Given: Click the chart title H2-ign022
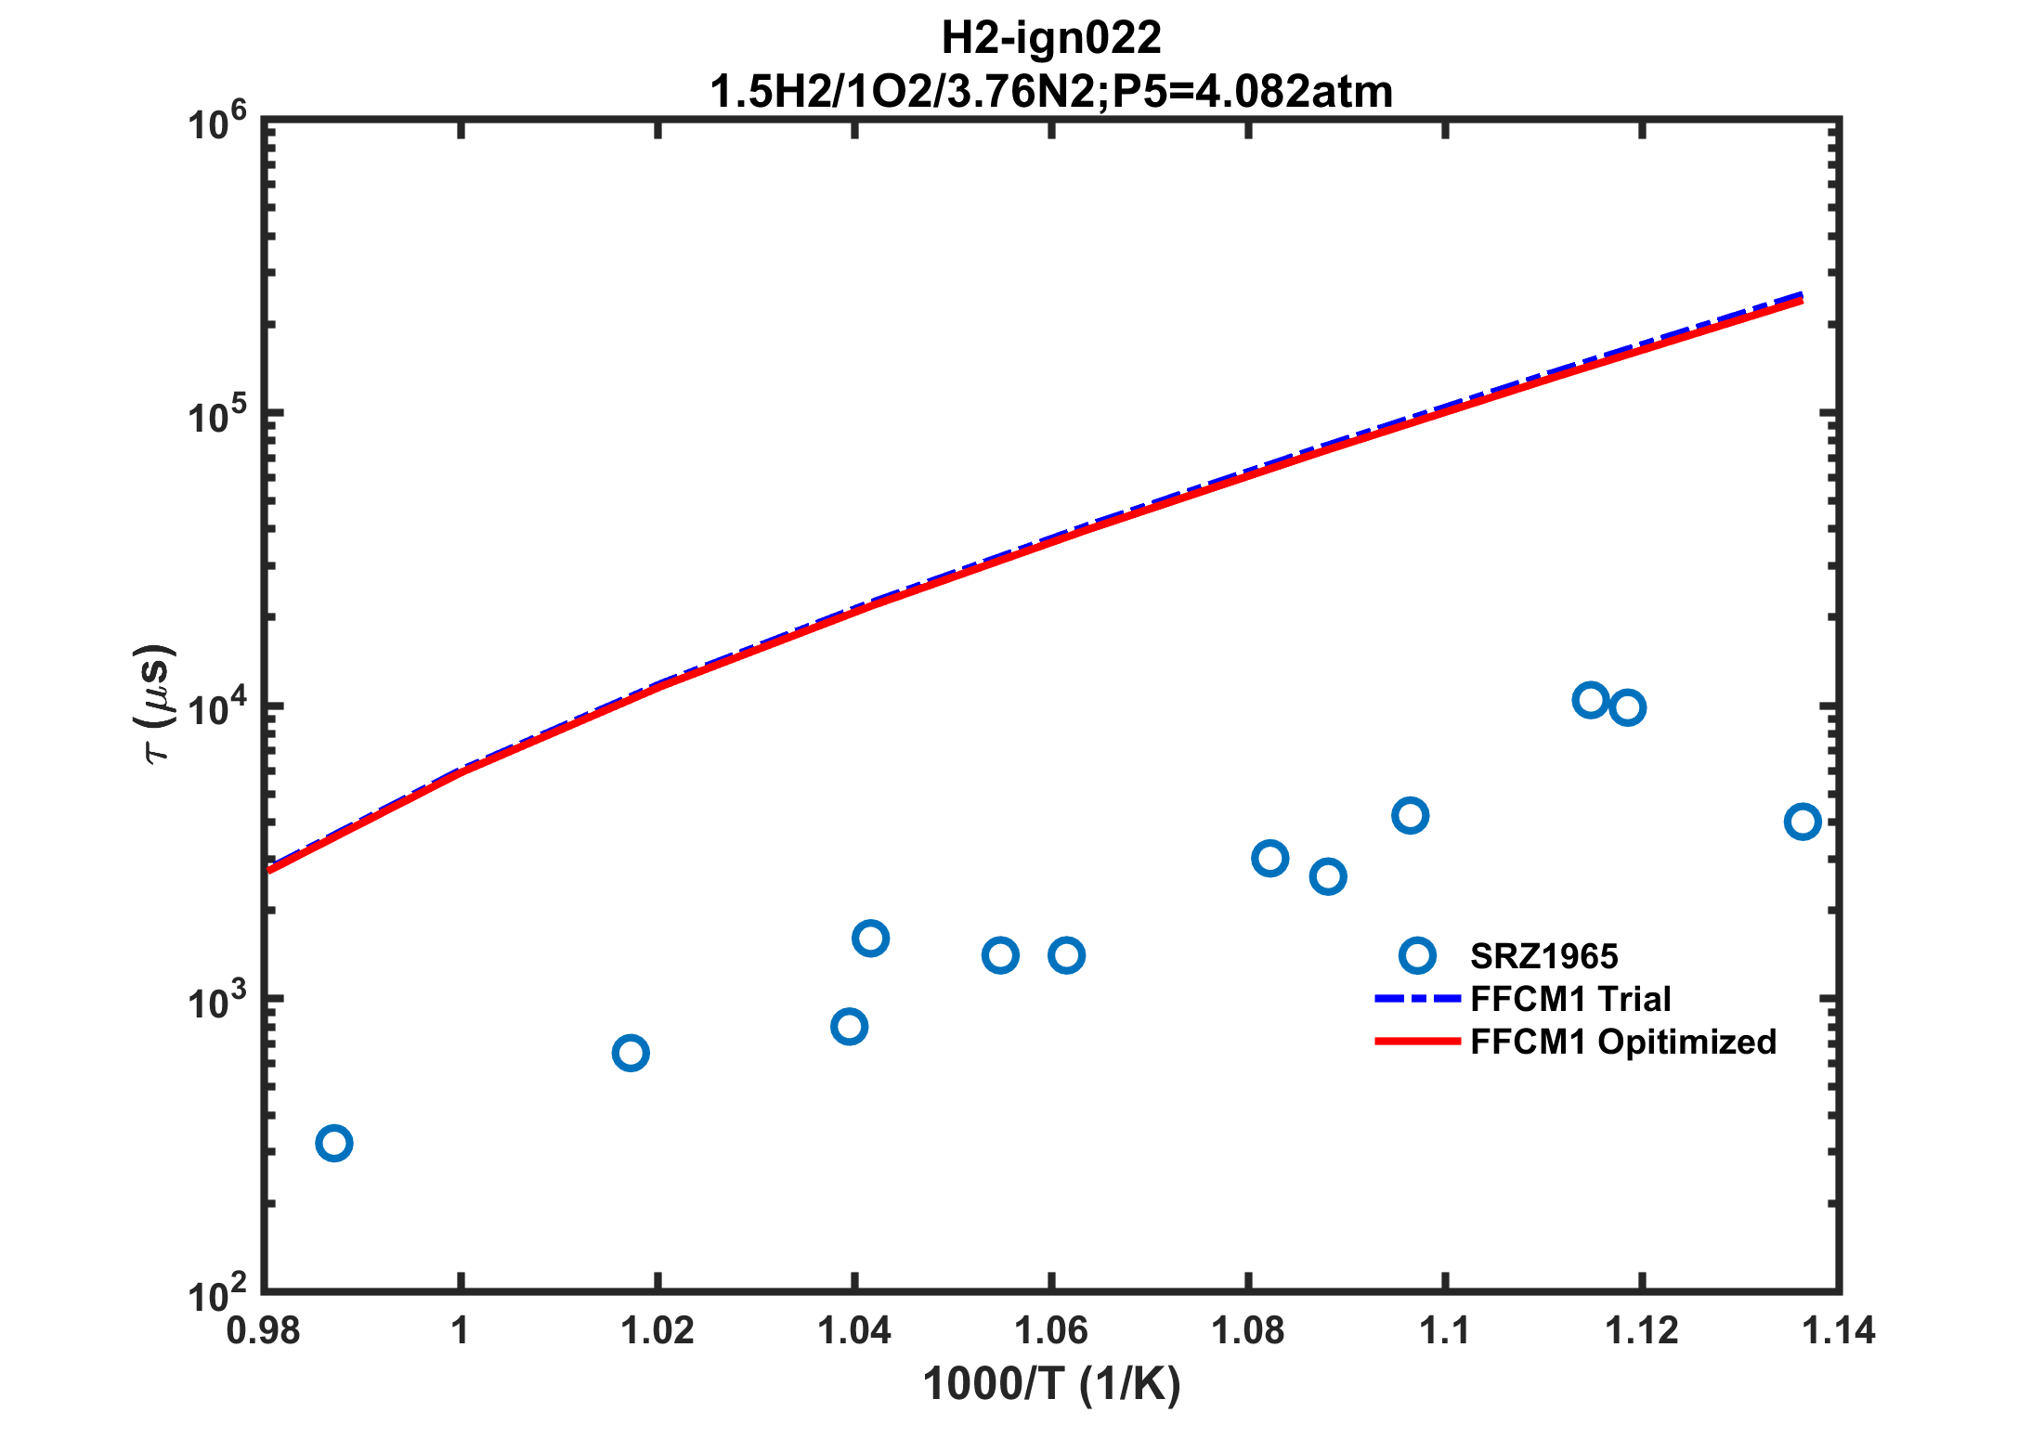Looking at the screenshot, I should point(1051,38).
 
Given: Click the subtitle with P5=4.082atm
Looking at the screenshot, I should point(1051,92).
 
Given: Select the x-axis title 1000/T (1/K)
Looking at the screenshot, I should point(1051,1385).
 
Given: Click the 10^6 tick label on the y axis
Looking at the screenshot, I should point(217,124).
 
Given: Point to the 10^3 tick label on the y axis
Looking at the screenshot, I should point(217,1003).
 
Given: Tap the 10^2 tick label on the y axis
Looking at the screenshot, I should point(217,1295).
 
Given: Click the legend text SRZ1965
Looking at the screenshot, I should point(1544,956).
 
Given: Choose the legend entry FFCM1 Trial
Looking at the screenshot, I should point(1570,999).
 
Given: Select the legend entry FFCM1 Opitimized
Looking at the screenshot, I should point(1623,1042).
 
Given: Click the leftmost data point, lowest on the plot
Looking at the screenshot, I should point(334,1143).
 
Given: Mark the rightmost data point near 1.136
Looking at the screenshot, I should point(1803,822).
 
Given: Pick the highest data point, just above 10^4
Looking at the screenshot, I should point(1591,700).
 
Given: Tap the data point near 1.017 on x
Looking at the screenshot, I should point(631,1053).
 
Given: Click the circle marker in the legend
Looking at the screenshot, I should point(1417,955).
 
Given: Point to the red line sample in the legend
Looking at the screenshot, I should point(1417,1042).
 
